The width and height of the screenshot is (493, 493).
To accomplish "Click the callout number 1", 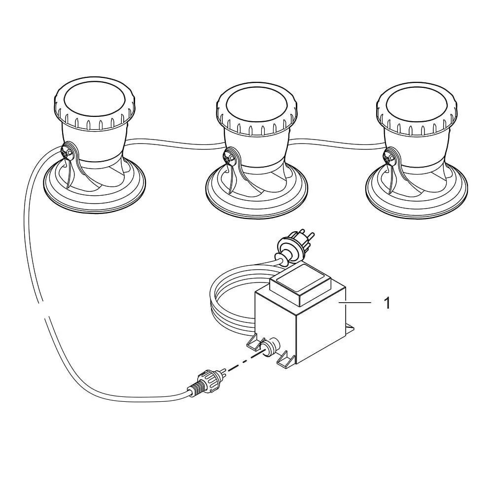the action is (387, 303).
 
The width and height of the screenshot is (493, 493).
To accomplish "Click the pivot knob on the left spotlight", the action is (67, 153).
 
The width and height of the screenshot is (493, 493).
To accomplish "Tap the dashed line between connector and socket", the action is (244, 362).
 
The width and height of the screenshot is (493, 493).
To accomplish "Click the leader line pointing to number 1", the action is (354, 303).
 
